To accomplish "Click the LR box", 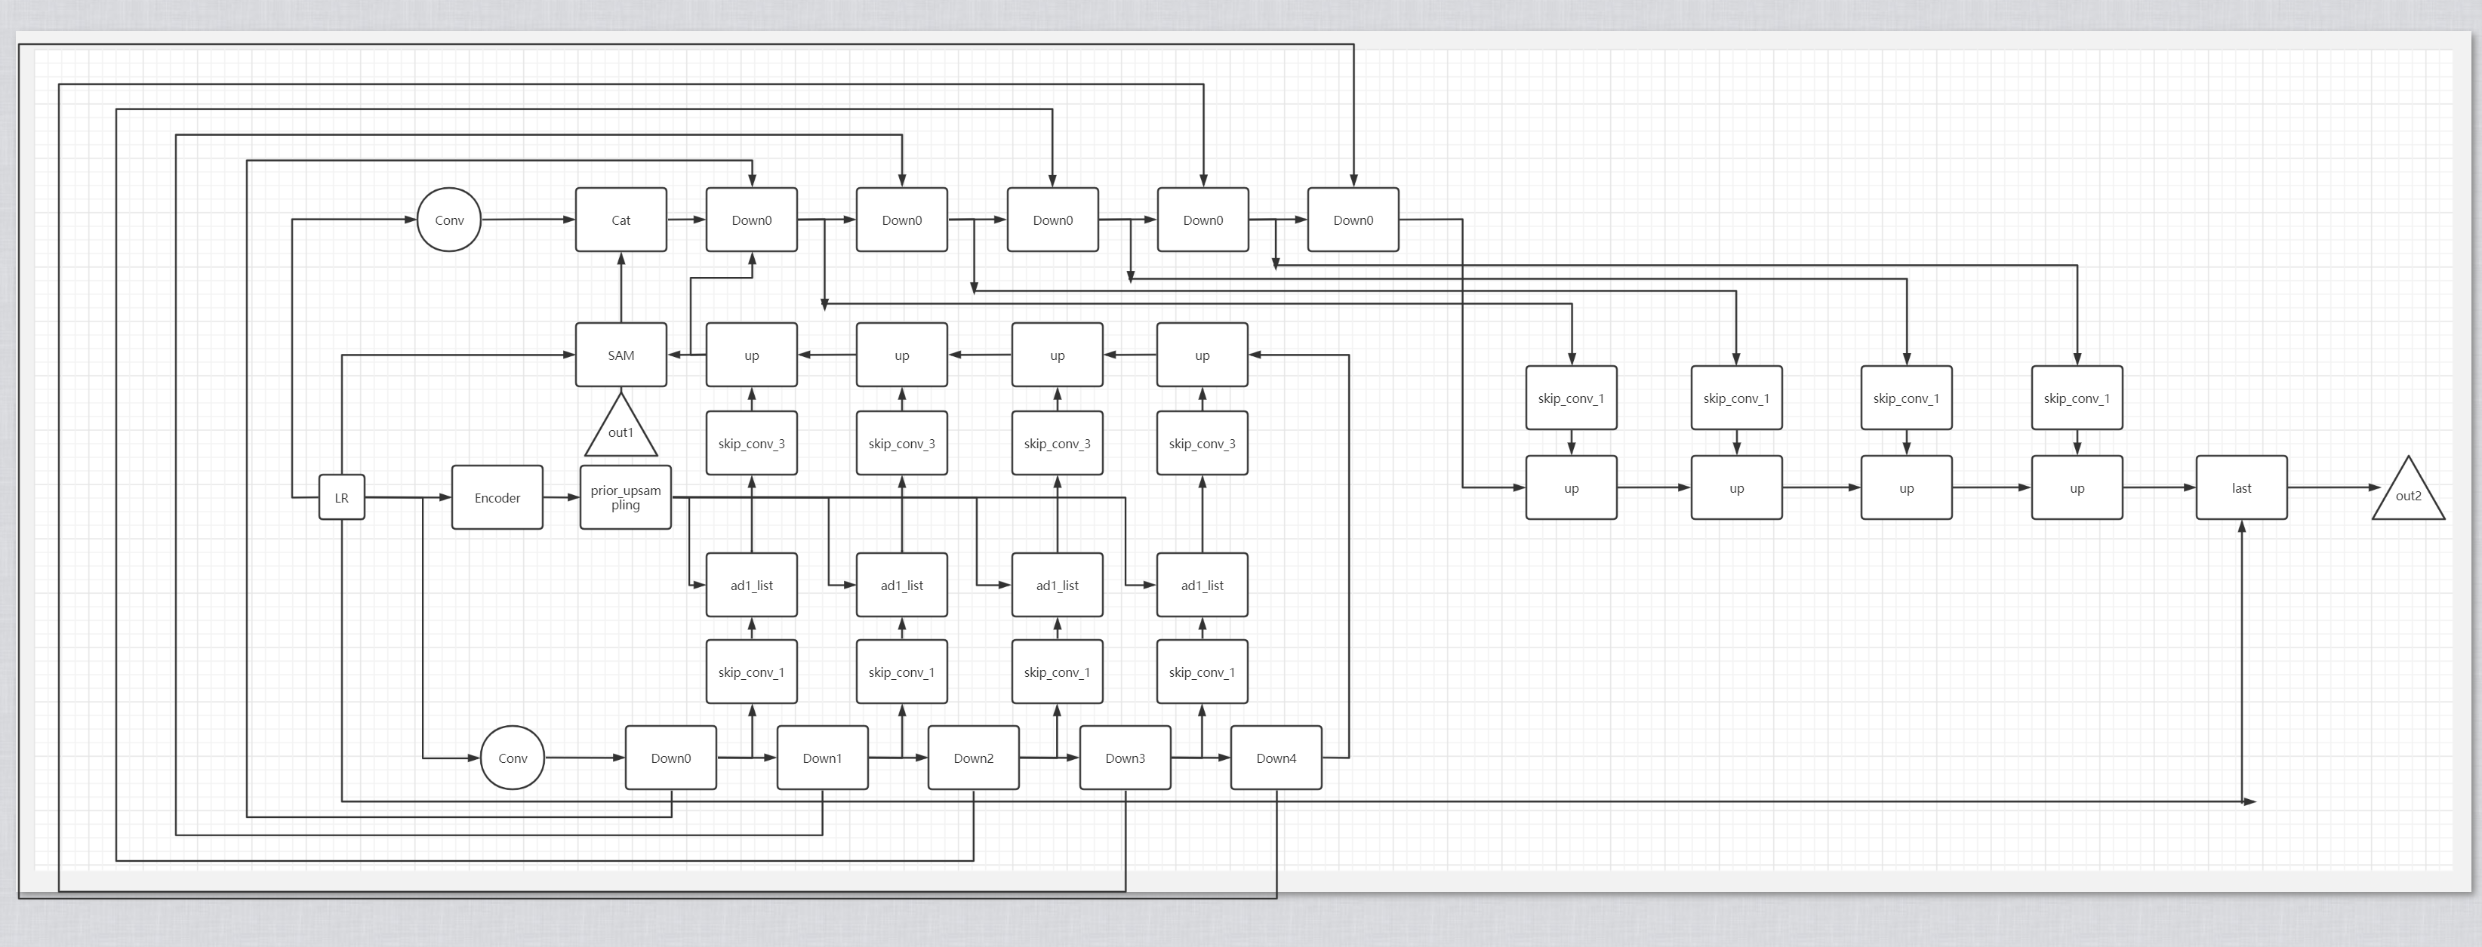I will click(x=341, y=497).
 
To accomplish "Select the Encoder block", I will click(x=497, y=497).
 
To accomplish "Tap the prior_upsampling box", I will click(x=625, y=497).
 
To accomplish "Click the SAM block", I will click(x=620, y=355).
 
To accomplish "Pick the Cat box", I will click(x=620, y=220).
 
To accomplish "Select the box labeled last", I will click(x=2241, y=487).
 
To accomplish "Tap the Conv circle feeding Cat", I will click(x=449, y=220).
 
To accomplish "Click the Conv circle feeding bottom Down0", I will click(x=512, y=757).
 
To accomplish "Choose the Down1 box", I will click(x=822, y=757).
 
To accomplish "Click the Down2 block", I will click(x=973, y=757).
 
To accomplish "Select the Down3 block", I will click(x=1125, y=757).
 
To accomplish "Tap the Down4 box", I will click(x=1276, y=757).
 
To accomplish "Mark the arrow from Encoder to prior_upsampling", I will click(x=562, y=497).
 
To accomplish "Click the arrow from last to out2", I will click(x=2332, y=487).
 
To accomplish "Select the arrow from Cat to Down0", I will click(x=686, y=220).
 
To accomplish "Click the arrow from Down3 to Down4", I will click(x=1200, y=757).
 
